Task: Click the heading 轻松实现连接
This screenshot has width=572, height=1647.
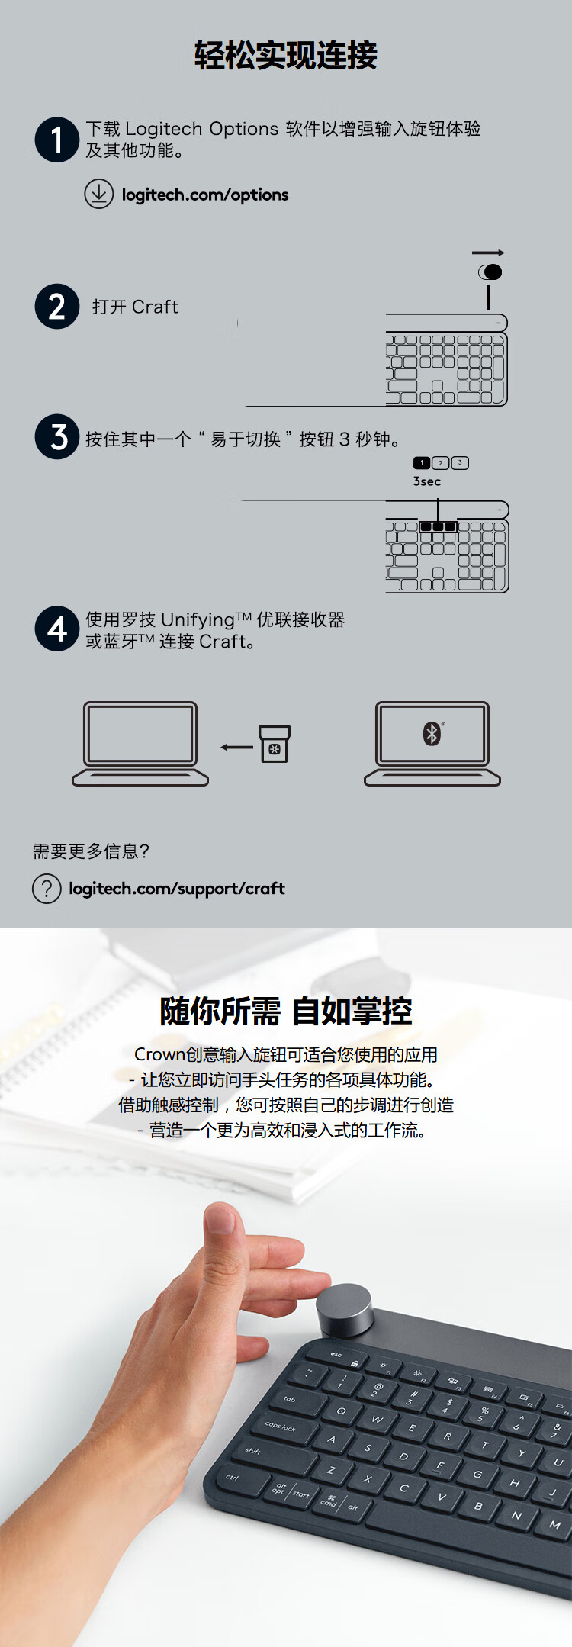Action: click(x=286, y=56)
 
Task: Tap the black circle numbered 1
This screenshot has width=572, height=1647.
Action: click(x=57, y=140)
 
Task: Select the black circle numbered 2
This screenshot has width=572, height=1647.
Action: click(x=57, y=307)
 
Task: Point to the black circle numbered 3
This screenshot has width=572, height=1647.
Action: click(x=57, y=437)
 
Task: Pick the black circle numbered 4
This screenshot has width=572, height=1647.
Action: click(x=57, y=629)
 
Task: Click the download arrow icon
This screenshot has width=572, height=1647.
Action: click(x=98, y=194)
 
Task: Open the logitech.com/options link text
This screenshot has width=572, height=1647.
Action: click(x=205, y=195)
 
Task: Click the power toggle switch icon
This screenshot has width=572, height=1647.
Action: click(x=490, y=272)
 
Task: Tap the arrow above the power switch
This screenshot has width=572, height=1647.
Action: click(x=488, y=253)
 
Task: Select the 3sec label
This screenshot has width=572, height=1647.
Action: click(x=427, y=481)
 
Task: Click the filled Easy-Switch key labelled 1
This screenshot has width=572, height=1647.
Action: click(x=422, y=463)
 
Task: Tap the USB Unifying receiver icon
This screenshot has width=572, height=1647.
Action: click(x=275, y=744)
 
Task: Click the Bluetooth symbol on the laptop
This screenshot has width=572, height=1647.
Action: click(x=432, y=734)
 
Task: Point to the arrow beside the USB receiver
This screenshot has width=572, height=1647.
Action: click(x=236, y=747)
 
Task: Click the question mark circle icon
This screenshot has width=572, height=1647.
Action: click(x=47, y=889)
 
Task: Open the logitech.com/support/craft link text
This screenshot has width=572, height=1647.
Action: click(x=177, y=889)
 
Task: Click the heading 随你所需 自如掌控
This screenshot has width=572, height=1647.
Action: click(x=286, y=1012)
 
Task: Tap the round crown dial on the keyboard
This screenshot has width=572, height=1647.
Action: click(x=345, y=1310)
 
